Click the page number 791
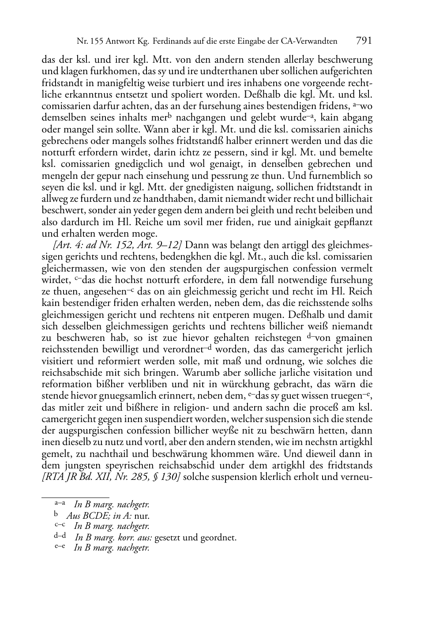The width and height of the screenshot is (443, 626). [364, 41]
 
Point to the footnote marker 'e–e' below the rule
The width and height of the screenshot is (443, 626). [60, 547]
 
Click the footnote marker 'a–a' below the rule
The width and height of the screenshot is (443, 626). [60, 503]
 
